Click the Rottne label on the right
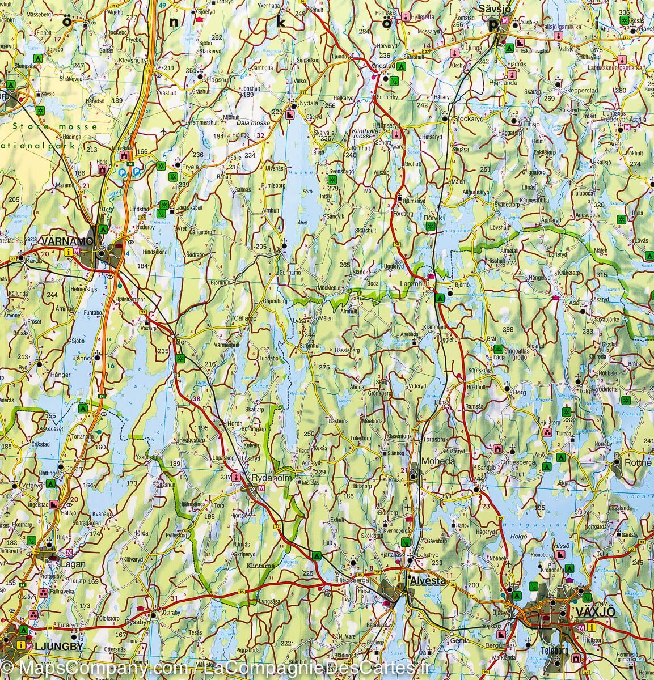tap(636, 462)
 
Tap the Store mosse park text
tap(54, 127)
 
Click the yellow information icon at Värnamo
tap(69, 253)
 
